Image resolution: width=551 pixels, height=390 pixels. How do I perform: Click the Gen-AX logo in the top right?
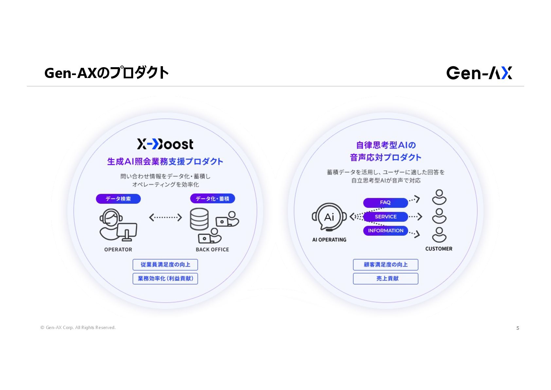tap(479, 73)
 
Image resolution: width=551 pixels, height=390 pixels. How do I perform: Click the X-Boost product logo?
tap(165, 144)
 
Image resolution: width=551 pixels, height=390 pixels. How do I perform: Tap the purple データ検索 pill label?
tap(118, 199)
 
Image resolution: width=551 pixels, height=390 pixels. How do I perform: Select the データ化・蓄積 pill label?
tap(212, 199)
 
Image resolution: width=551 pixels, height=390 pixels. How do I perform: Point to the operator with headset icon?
tap(117, 224)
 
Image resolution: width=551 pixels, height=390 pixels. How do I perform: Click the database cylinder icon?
tap(199, 219)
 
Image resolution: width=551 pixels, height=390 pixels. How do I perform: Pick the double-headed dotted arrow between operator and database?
tap(165, 217)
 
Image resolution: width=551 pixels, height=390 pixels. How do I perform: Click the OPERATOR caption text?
tap(118, 249)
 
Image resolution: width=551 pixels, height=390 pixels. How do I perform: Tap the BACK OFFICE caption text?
tap(212, 249)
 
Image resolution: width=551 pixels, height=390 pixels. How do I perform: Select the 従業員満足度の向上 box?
tap(165, 264)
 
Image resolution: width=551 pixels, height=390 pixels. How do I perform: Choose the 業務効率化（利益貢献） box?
tap(165, 279)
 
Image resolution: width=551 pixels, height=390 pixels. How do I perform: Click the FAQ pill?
tap(385, 203)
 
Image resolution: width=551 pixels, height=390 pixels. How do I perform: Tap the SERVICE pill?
tap(385, 217)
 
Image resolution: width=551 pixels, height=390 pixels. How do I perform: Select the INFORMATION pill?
tap(385, 231)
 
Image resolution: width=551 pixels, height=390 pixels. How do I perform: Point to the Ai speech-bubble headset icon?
tap(329, 217)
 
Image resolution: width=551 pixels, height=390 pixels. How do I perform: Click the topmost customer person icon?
tap(439, 197)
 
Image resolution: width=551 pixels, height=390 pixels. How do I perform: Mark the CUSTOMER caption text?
tap(439, 249)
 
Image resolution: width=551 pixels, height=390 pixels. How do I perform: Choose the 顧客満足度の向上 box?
tap(385, 264)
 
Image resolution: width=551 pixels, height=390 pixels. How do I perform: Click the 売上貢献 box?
tap(385, 279)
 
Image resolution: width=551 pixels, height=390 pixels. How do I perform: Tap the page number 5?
tap(518, 328)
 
